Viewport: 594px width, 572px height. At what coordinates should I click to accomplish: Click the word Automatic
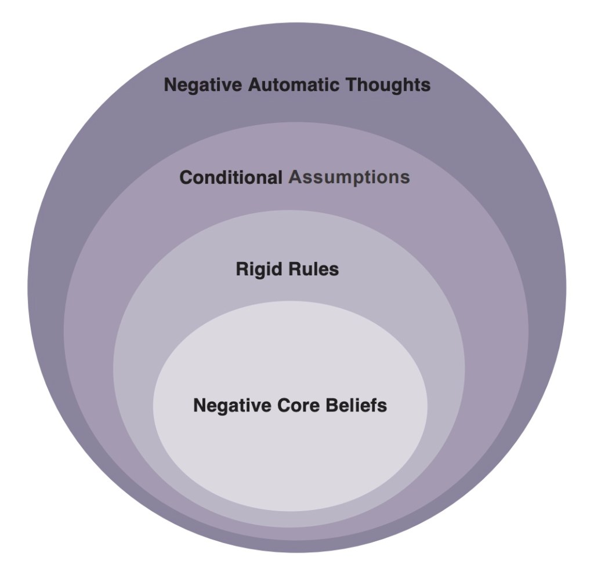pyautogui.click(x=295, y=85)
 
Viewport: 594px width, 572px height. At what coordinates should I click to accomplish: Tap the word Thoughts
pyautogui.click(x=389, y=85)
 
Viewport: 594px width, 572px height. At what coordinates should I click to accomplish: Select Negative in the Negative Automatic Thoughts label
pyautogui.click(x=203, y=85)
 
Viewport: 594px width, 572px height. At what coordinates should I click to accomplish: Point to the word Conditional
pyautogui.click(x=231, y=177)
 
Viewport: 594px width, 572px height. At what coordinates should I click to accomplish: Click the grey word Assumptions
pyautogui.click(x=349, y=177)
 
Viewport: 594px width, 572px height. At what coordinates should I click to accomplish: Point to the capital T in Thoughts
pyautogui.click(x=352, y=85)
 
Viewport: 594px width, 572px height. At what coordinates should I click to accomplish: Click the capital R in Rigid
pyautogui.click(x=242, y=269)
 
